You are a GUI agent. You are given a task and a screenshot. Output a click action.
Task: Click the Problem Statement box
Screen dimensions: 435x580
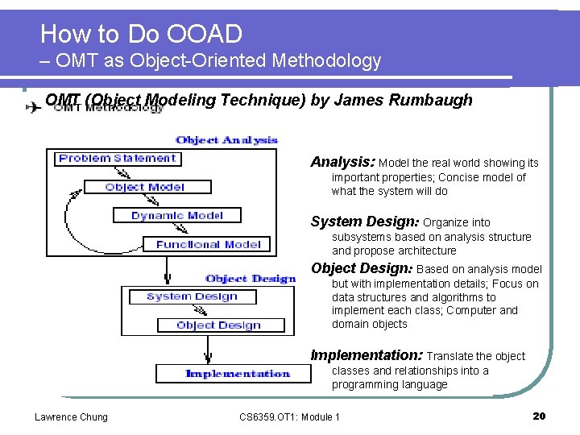[118, 159]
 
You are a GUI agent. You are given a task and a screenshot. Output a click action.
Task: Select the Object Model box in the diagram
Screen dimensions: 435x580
[145, 187]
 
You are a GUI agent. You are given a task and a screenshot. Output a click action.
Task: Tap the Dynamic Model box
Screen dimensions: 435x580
[177, 216]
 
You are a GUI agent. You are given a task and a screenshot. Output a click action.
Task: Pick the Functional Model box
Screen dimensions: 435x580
[209, 244]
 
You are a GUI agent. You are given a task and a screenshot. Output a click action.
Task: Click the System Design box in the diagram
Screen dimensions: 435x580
[193, 296]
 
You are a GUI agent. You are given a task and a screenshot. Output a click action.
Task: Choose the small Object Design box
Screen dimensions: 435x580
[219, 325]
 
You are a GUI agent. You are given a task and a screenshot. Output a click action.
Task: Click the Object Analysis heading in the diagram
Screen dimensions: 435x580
[226, 140]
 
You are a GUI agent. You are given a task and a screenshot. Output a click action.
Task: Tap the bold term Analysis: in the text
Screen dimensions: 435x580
[342, 162]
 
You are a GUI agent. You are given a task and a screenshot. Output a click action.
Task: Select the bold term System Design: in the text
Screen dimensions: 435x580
[365, 222]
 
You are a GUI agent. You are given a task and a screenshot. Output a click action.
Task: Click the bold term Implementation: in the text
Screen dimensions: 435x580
[367, 355]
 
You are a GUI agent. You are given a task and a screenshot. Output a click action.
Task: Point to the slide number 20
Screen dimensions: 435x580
[540, 416]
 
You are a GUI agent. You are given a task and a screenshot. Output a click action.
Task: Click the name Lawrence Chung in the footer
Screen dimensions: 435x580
[71, 416]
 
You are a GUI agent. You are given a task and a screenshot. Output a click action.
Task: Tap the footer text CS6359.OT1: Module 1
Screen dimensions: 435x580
[290, 416]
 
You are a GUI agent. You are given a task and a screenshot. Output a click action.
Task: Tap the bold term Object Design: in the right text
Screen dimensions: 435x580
[362, 268]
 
